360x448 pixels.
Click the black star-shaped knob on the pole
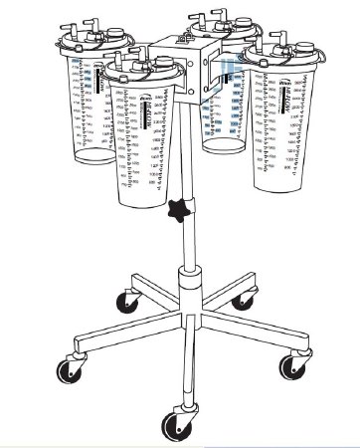pyautogui.click(x=179, y=211)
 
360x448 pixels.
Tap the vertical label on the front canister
pyautogui.click(x=149, y=112)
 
